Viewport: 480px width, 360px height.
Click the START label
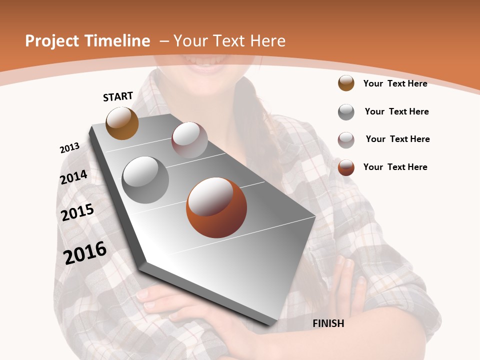point(118,96)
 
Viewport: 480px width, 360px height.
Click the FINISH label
point(328,323)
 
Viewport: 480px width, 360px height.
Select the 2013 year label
point(69,148)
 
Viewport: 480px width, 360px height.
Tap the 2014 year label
point(73,177)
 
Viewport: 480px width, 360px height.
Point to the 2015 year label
point(77,212)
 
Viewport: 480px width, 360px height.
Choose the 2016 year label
point(85,252)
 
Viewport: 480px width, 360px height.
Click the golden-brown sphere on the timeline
point(122,123)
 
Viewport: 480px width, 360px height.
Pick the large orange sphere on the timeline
point(216,207)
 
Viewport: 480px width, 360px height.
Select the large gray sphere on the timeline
point(145,180)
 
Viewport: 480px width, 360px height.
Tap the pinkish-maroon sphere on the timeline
point(189,140)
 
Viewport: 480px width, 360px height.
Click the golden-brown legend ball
point(346,83)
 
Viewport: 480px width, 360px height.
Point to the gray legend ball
point(346,112)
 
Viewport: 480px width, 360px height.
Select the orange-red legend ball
point(346,167)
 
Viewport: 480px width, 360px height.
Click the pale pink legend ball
point(346,140)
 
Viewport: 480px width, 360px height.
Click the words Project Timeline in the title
point(87,41)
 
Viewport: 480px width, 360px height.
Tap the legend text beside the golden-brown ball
point(395,83)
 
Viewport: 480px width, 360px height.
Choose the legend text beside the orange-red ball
point(395,167)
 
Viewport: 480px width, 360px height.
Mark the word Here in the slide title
point(268,41)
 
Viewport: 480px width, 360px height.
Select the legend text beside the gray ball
point(396,111)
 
